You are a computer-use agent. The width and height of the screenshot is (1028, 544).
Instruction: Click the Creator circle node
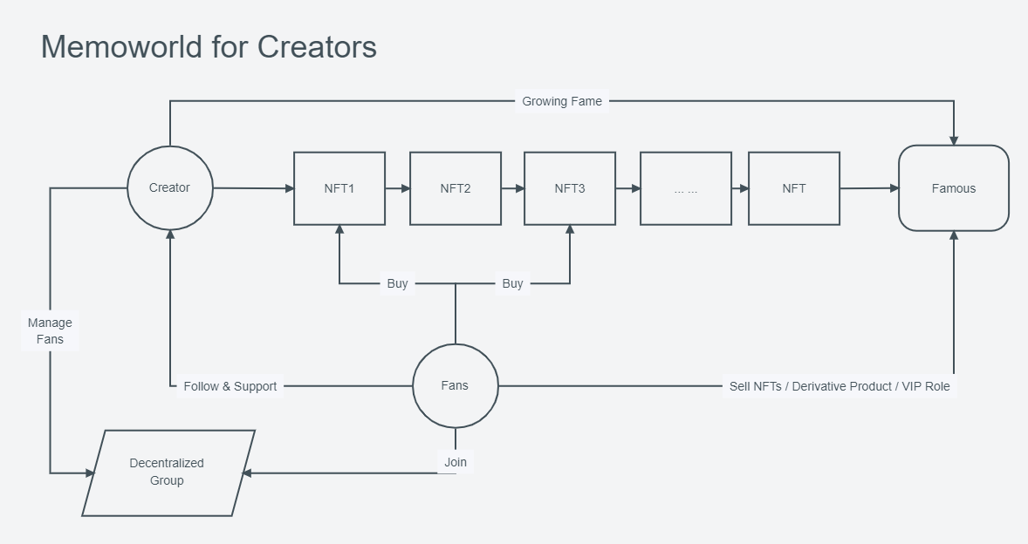click(x=169, y=187)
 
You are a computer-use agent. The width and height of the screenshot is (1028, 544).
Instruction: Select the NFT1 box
click(x=339, y=188)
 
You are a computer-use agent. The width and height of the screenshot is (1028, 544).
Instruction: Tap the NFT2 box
click(x=456, y=188)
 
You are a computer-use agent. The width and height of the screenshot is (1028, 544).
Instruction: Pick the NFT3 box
click(x=570, y=188)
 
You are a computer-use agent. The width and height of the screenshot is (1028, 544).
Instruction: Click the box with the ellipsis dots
click(x=686, y=188)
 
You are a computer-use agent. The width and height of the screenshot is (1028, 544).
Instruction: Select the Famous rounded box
click(x=954, y=188)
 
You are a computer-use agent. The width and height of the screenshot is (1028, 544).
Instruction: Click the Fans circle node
click(x=455, y=385)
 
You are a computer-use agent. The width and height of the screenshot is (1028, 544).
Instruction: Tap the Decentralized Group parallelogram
click(x=168, y=473)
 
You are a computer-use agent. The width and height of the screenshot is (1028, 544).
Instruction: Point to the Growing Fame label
click(x=562, y=101)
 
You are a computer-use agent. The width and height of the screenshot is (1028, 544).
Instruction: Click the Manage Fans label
click(x=50, y=331)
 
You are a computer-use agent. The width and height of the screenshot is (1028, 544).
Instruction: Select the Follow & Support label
click(x=230, y=386)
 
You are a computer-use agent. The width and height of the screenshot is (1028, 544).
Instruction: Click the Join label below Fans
click(x=456, y=462)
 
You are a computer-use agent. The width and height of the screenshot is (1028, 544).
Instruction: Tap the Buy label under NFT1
click(x=397, y=283)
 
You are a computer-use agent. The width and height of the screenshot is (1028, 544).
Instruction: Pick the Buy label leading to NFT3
click(x=512, y=283)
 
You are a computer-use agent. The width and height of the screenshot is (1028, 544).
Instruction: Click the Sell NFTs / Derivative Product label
click(x=839, y=386)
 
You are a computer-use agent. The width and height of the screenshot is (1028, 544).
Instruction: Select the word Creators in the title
click(x=317, y=47)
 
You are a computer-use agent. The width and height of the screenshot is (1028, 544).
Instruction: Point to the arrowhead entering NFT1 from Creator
click(x=289, y=188)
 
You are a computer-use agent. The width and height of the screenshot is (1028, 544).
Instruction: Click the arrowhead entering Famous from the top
click(x=954, y=139)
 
